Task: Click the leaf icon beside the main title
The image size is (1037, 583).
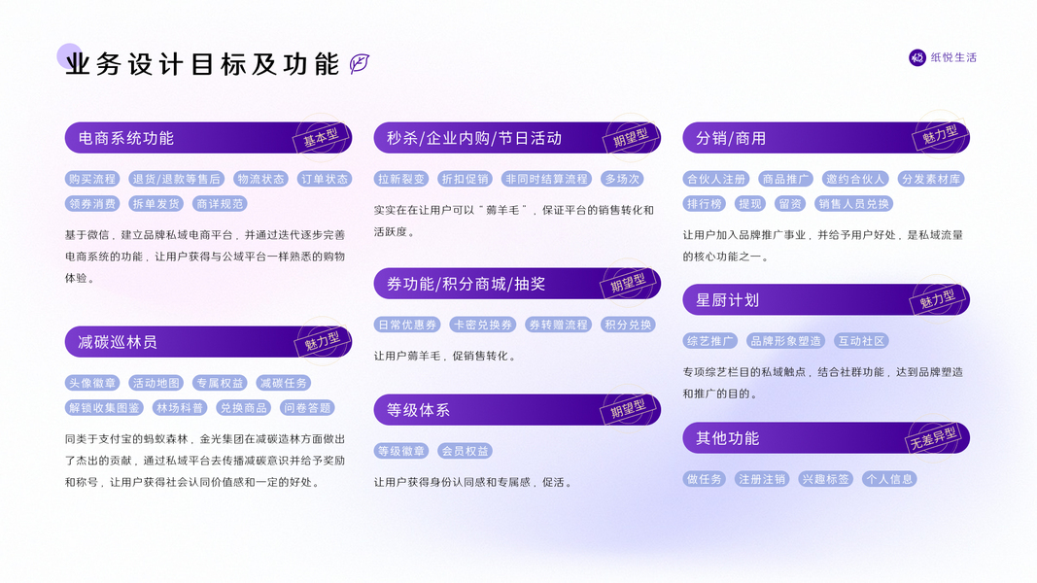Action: [x=360, y=64]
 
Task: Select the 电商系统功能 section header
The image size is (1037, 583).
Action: [x=126, y=138]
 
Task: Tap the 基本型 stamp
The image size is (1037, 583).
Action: [x=321, y=137]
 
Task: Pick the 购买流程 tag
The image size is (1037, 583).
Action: [x=92, y=179]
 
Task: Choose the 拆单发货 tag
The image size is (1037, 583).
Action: [x=156, y=204]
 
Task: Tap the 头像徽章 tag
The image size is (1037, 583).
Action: [x=92, y=383]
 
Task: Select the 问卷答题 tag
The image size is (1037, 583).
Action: [x=307, y=408]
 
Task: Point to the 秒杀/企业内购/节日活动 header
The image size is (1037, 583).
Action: [x=474, y=138]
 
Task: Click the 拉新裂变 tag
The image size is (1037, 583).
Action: [x=401, y=179]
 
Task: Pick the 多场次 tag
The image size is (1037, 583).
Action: [x=622, y=179]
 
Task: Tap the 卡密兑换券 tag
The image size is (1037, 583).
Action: [x=483, y=325]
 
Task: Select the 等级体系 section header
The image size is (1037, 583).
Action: [x=418, y=410]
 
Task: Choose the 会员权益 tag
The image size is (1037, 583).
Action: [x=465, y=451]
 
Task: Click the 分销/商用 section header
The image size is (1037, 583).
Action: [x=731, y=138]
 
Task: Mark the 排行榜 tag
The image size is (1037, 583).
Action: [x=705, y=204]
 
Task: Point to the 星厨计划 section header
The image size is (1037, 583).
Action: [x=727, y=300]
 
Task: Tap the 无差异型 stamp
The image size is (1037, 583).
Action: [x=933, y=438]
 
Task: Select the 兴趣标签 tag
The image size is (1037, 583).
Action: [x=825, y=479]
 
